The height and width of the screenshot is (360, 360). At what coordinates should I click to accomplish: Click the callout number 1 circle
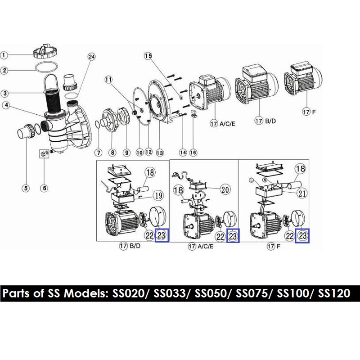click(x=4, y=55)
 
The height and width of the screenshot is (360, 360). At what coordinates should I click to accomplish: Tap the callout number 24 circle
click(x=92, y=57)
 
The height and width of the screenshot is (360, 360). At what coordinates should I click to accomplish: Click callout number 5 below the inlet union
click(x=26, y=188)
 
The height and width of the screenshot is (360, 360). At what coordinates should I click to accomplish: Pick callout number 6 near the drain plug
click(x=44, y=188)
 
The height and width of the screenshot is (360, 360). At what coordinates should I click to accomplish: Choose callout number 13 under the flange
click(x=158, y=153)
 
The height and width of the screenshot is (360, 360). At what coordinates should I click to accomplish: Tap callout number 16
click(x=193, y=153)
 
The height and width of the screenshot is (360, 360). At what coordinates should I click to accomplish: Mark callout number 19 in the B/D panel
click(x=157, y=195)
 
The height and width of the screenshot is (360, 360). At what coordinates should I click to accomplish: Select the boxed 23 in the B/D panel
click(x=162, y=235)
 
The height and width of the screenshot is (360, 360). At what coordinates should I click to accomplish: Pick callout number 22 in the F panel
click(x=290, y=234)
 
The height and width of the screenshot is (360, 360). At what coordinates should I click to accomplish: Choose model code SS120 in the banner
click(x=333, y=294)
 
